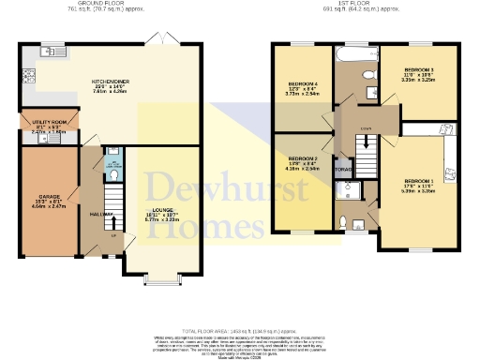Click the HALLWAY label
100,214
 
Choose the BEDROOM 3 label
418,70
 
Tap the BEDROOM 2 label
302,159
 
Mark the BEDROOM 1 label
418,180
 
